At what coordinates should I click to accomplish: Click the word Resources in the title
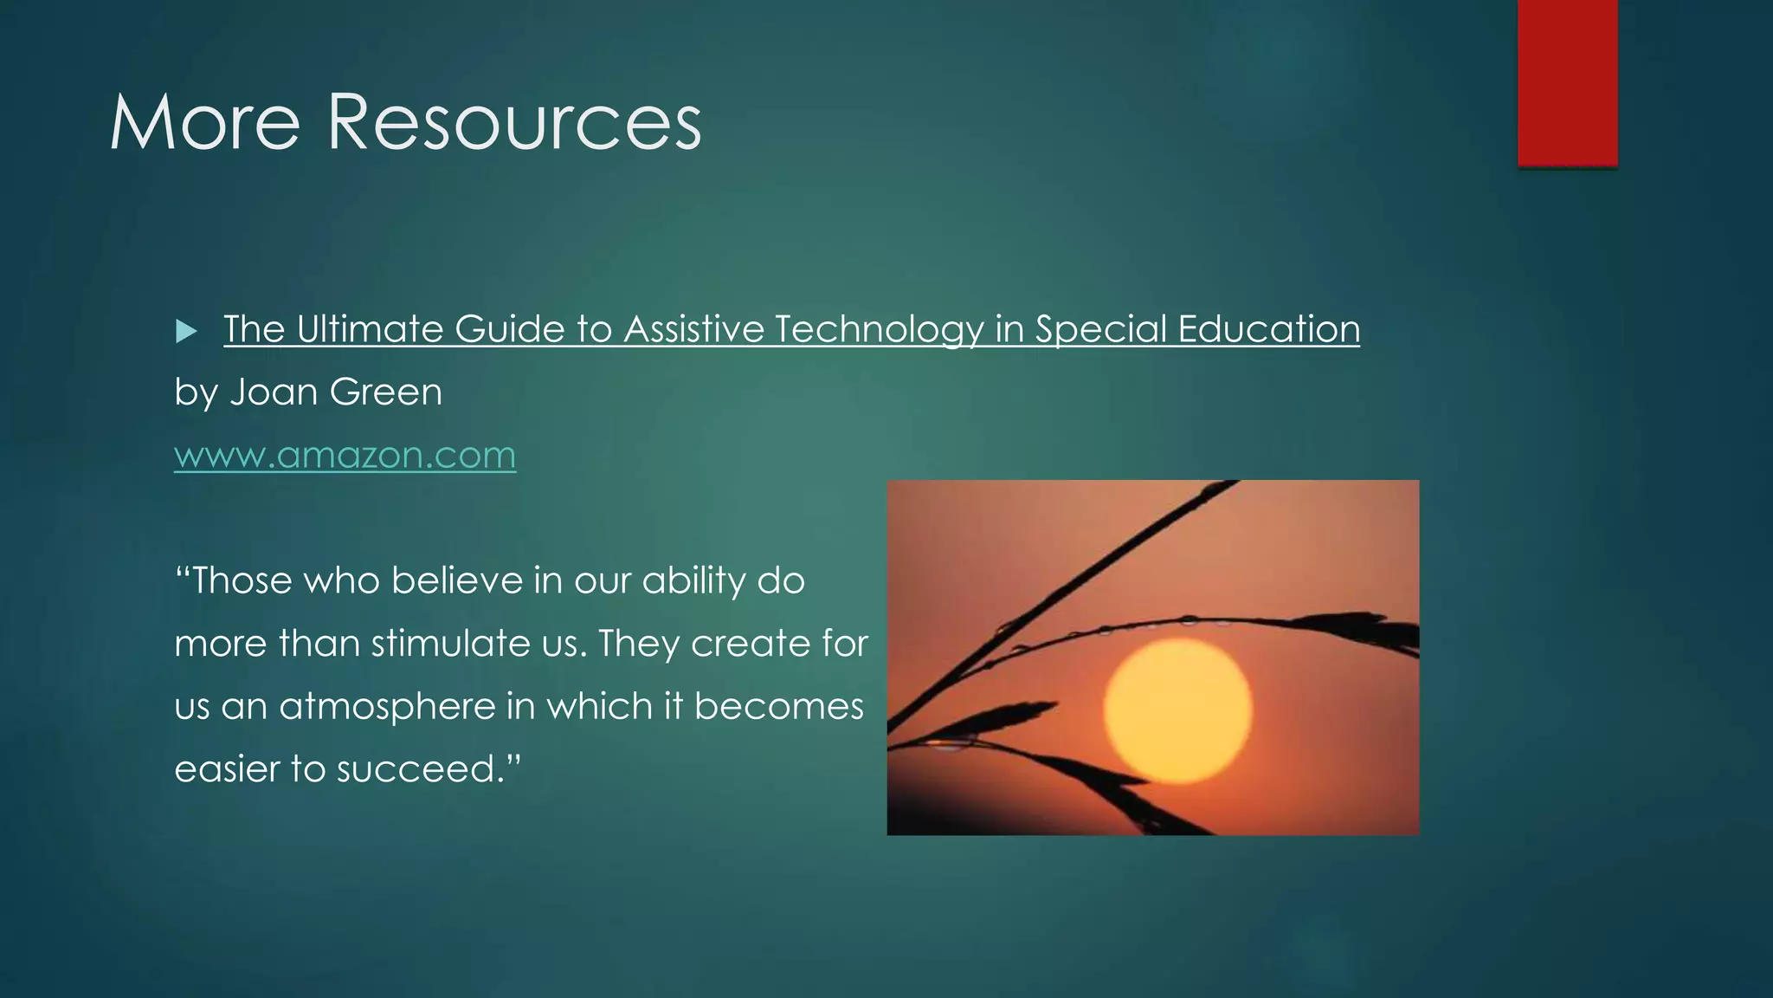pyautogui.click(x=514, y=123)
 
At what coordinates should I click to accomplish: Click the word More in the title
pyautogui.click(x=204, y=123)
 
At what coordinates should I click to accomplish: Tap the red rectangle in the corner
pyautogui.click(x=1567, y=81)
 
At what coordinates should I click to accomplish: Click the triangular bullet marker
pyautogui.click(x=186, y=331)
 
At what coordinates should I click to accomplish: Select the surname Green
pyautogui.click(x=386, y=392)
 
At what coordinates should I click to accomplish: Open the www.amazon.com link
pyautogui.click(x=345, y=456)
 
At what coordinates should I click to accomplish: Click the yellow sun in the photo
pyautogui.click(x=1177, y=710)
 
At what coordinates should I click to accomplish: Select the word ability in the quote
pyautogui.click(x=693, y=580)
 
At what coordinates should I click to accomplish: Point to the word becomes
pyautogui.click(x=778, y=706)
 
